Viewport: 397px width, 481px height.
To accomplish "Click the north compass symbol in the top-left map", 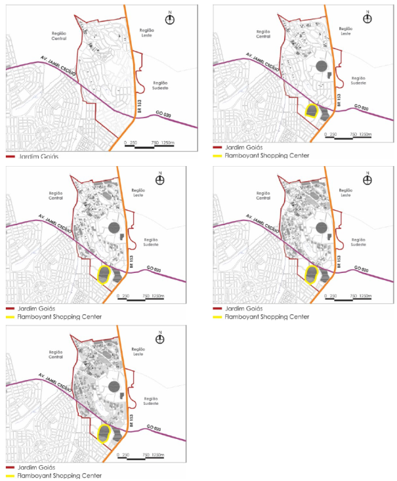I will point(170,18).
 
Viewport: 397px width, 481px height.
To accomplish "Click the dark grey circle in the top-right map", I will point(321,66).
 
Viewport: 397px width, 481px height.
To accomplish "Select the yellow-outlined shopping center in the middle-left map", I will point(104,274).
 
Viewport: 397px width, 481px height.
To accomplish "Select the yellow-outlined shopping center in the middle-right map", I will point(311,274).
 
